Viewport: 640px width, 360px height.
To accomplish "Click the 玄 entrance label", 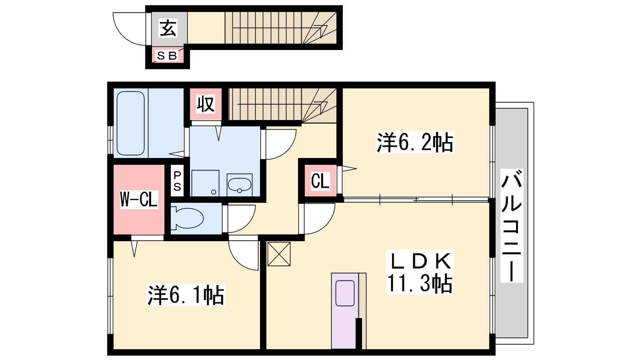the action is pos(168,28).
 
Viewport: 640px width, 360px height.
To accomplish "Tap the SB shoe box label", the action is pos(167,56).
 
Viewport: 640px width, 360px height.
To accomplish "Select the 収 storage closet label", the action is pos(206,104).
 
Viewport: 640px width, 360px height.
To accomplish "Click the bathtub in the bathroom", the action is pos(130,123).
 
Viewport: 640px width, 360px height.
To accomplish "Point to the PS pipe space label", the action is pos(177,181).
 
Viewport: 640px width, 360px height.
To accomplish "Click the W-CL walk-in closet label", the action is pos(139,199).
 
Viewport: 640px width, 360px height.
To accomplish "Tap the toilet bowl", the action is pos(187,218).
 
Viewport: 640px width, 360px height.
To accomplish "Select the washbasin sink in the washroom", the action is pos(240,185).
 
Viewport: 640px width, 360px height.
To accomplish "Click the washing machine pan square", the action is pos(205,183).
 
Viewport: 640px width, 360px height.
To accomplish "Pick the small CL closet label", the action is pos(320,181).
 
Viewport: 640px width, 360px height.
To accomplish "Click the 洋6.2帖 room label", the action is pos(415,142).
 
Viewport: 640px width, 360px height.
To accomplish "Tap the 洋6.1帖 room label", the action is pos(186,295).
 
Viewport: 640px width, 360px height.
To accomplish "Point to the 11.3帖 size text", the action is pos(420,284).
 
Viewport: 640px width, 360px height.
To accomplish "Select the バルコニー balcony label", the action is pos(512,226).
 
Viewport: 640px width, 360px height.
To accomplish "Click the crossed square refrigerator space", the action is pos(279,254).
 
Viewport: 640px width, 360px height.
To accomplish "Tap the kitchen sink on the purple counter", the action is pos(345,293).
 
